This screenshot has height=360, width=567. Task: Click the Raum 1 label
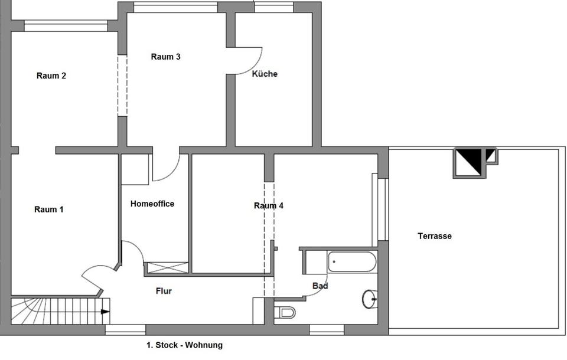click(49, 210)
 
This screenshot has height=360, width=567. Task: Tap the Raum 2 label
click(51, 76)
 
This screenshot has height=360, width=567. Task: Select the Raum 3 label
click(165, 57)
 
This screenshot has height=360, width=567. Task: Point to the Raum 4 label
click(269, 206)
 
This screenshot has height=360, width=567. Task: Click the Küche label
click(265, 74)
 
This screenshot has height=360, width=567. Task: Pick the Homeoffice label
click(152, 204)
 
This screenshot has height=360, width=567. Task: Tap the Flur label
click(164, 291)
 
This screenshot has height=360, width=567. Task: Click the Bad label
click(320, 286)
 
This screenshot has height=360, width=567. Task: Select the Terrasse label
click(435, 236)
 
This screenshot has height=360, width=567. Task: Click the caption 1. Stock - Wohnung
click(185, 345)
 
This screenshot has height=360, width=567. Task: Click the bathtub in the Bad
click(352, 261)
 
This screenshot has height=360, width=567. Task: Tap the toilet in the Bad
click(287, 312)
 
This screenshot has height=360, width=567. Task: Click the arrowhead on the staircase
click(105, 312)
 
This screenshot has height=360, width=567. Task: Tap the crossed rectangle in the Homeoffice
click(167, 267)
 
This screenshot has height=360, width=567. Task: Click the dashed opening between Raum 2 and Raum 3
click(122, 86)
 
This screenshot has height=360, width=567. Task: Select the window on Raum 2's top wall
click(66, 25)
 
